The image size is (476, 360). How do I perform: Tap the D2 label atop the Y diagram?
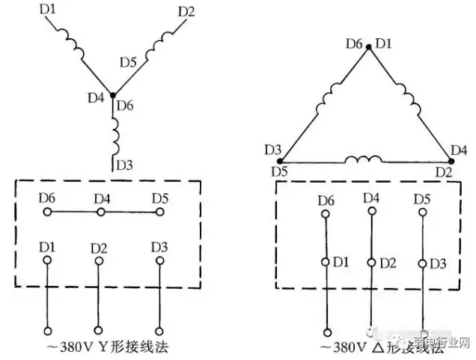(187, 12)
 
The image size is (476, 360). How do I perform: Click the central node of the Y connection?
(113, 95)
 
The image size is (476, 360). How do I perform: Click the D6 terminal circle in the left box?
(47, 213)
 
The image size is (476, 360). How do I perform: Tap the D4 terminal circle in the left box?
(101, 213)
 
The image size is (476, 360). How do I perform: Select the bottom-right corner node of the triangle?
(454, 160)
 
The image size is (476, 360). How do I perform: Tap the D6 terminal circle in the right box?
(326, 214)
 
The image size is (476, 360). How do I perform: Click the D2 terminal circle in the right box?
(371, 263)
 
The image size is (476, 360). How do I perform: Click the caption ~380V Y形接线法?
(103, 350)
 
